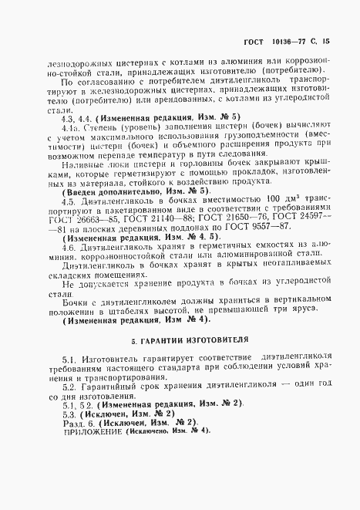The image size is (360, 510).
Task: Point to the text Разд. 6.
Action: [x=79, y=420]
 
